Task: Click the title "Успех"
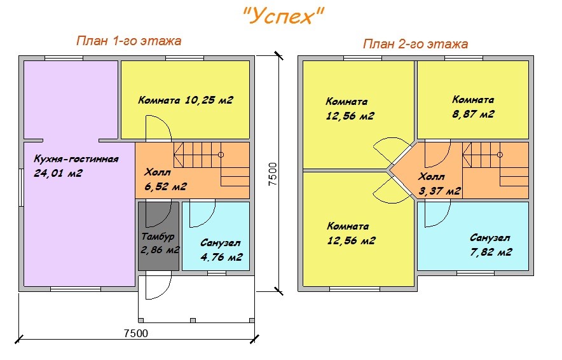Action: point(283,16)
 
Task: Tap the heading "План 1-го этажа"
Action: point(128,41)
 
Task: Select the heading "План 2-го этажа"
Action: point(415,44)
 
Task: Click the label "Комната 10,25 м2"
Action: point(186,100)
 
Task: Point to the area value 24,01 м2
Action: point(58,173)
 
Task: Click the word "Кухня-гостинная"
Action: point(76,159)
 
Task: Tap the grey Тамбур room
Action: point(158,236)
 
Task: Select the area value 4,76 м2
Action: point(221,257)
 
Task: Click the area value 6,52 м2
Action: point(165,186)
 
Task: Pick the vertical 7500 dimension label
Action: point(273,174)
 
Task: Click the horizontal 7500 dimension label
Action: point(136,333)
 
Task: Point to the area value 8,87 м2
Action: point(473,114)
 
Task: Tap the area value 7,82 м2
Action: point(491,252)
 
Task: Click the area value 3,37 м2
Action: point(440,191)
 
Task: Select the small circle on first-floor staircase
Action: point(221,155)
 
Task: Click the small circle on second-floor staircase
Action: point(500,155)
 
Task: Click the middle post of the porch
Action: point(193,320)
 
